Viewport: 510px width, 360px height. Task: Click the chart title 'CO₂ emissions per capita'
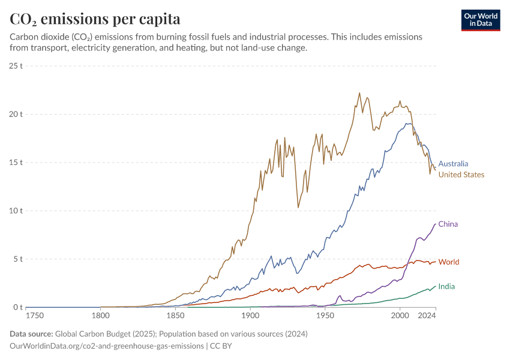95,19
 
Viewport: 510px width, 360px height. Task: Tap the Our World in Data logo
480,20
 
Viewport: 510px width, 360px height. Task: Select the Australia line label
453,164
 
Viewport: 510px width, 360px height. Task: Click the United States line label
461,175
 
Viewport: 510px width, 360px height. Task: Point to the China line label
448,224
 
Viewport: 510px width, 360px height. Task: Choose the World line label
449,262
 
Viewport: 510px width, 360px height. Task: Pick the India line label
446,287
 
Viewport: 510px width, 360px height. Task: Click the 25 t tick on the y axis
16,65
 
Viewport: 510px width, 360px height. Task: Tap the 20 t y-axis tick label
16,114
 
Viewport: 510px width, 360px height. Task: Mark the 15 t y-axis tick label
16,163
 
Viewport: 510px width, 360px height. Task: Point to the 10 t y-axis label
16,211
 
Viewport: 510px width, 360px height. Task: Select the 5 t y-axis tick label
18,259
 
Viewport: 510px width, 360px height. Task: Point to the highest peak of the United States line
359,93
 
